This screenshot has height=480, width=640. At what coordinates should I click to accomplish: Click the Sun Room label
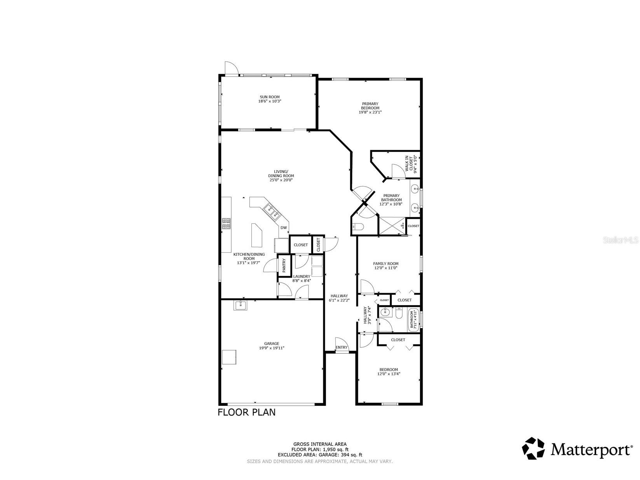pos(269,97)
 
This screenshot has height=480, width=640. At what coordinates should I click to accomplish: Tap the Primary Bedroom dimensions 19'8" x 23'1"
pos(370,112)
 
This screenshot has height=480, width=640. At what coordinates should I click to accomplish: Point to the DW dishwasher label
pos(284,228)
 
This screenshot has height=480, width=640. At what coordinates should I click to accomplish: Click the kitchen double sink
pos(271,211)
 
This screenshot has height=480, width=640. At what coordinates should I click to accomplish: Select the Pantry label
pos(284,265)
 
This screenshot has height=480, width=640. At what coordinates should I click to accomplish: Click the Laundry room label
pos(302,276)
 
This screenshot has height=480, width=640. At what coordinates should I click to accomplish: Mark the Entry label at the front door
pos(342,347)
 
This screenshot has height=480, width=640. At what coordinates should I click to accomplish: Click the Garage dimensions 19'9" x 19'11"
pos(272,348)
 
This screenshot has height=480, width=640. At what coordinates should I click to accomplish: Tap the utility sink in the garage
pos(241,305)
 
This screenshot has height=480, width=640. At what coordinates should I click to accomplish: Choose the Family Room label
pos(386,264)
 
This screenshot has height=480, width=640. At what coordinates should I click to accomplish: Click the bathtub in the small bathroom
pos(413,319)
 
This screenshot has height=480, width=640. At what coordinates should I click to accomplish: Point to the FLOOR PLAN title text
pos(246,412)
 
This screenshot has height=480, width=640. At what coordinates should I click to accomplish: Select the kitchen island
pos(256,236)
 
